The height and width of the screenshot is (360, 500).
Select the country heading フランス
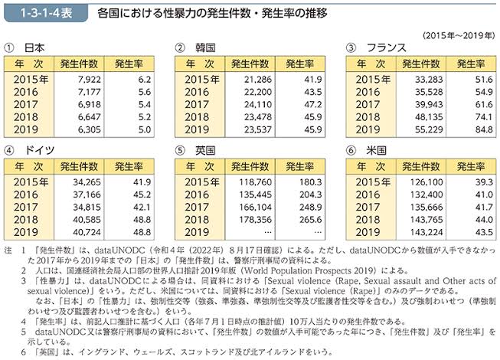pyautogui.click(x=387, y=47)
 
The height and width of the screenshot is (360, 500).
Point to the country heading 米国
pyautogui.click(x=380, y=149)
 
